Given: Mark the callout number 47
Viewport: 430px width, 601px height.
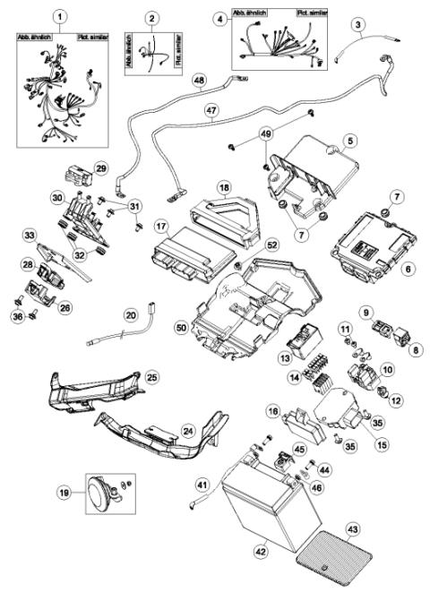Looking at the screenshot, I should (212, 112).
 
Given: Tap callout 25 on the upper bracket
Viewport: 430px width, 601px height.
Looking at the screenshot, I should (150, 379).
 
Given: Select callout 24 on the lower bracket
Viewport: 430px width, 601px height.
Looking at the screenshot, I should (188, 431).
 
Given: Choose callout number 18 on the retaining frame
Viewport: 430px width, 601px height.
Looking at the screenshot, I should (224, 188).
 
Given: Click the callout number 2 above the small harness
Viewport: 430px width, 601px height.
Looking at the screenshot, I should (152, 19).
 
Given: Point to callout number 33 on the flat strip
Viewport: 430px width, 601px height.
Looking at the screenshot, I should (30, 236).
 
